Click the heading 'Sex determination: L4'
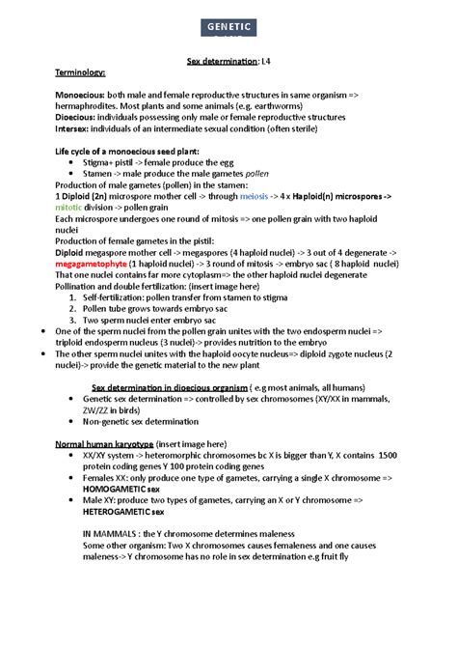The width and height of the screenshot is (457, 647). click(x=228, y=62)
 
